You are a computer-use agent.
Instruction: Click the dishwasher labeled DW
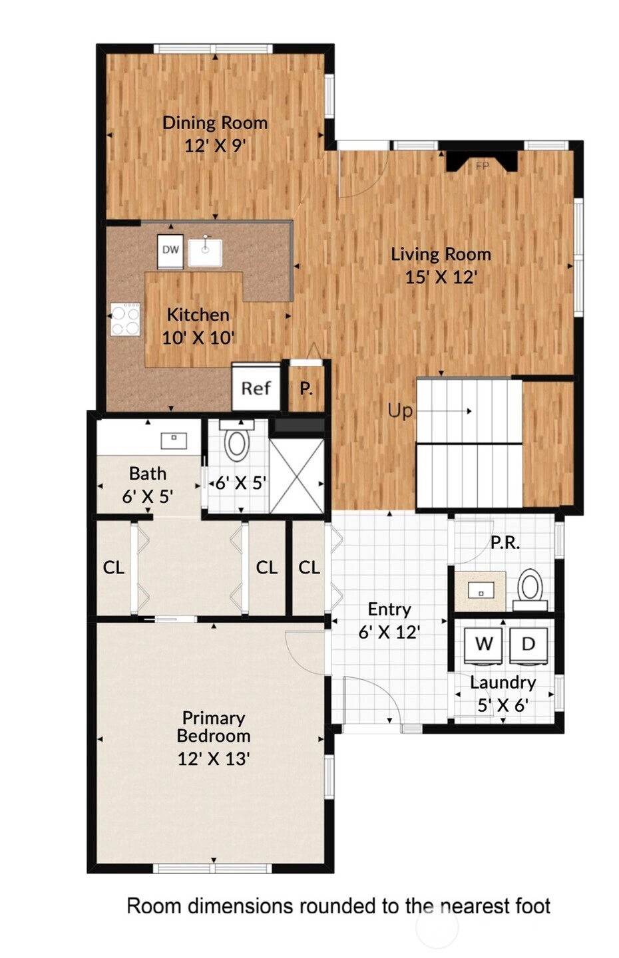170,251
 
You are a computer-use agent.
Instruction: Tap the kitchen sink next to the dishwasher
206,252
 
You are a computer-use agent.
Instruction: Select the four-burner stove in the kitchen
125,319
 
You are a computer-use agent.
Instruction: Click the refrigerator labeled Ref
256,388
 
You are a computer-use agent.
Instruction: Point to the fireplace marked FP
482,161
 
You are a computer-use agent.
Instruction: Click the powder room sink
481,591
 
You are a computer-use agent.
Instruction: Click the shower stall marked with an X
297,476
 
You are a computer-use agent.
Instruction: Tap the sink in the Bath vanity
174,440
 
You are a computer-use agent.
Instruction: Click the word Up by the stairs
401,411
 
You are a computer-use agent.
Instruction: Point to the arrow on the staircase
444,411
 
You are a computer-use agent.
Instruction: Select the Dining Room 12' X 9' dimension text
215,146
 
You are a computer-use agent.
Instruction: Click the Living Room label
441,254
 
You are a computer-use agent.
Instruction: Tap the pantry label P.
306,389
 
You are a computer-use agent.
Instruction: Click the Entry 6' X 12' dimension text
389,632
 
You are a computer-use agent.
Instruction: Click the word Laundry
503,683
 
